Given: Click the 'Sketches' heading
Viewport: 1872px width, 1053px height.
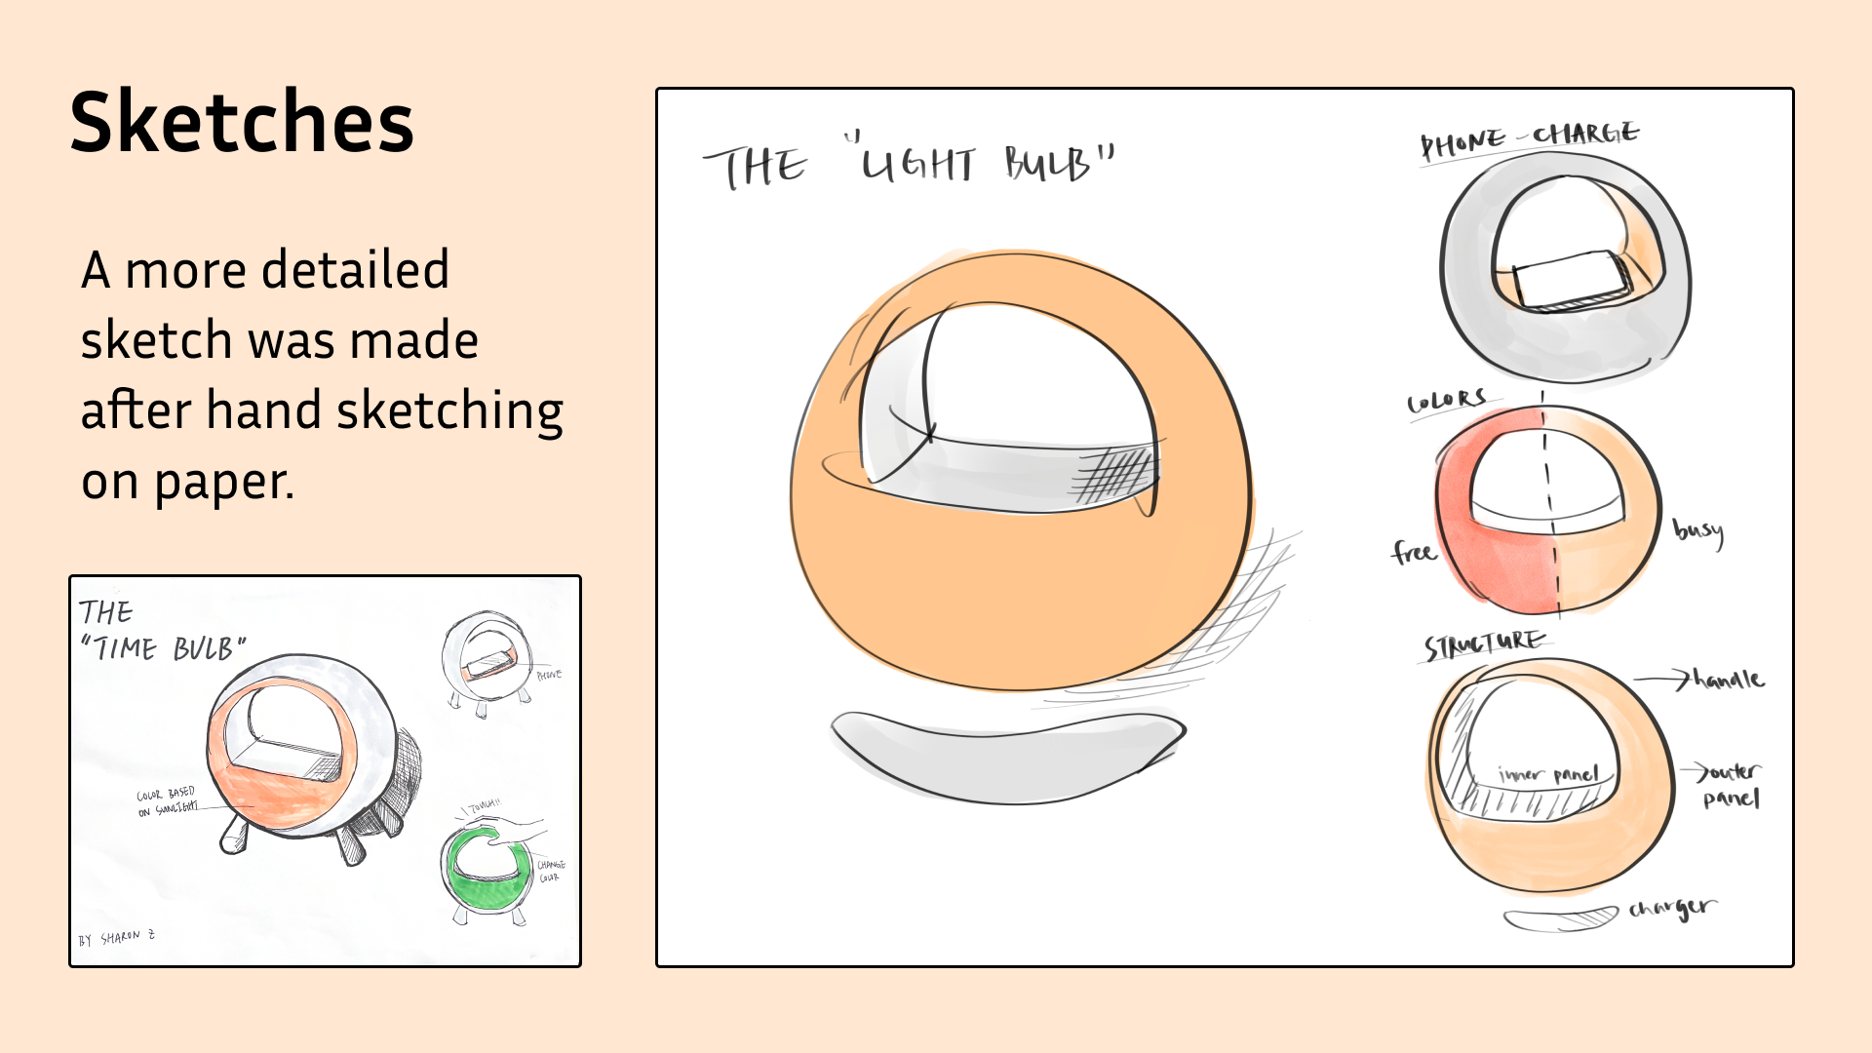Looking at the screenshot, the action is (242, 123).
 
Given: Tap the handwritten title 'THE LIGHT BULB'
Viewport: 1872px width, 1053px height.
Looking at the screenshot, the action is (909, 164).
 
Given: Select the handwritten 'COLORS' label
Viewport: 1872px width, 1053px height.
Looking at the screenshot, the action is (1447, 401).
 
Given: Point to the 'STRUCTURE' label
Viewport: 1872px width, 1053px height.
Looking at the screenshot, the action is (1484, 644).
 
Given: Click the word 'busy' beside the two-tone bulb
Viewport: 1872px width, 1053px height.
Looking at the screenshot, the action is (1698, 531).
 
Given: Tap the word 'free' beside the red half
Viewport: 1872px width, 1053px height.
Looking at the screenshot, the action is (1413, 553).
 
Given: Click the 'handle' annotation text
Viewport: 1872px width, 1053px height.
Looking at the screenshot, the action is (1729, 680).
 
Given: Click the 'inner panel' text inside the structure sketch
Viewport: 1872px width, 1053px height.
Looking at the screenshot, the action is (1549, 775).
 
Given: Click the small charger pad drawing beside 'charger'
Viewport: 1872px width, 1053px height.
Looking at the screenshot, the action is (1560, 919).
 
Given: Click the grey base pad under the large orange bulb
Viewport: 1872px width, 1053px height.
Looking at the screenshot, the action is (1007, 756).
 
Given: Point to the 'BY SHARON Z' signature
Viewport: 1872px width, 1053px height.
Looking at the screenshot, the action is (117, 938).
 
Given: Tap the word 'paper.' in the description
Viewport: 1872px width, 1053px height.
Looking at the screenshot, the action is (224, 482).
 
